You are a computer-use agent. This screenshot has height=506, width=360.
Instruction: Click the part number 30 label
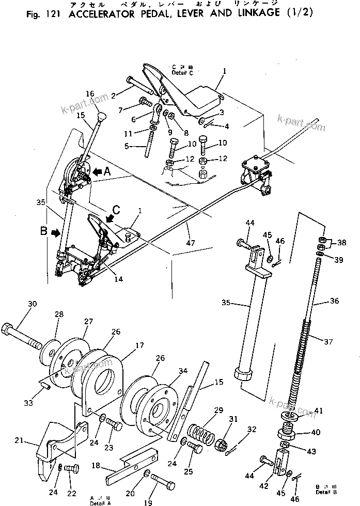point(32,304)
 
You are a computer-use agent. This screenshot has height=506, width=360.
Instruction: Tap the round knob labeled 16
point(102,115)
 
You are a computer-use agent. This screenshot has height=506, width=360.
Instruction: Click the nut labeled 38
point(321,240)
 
